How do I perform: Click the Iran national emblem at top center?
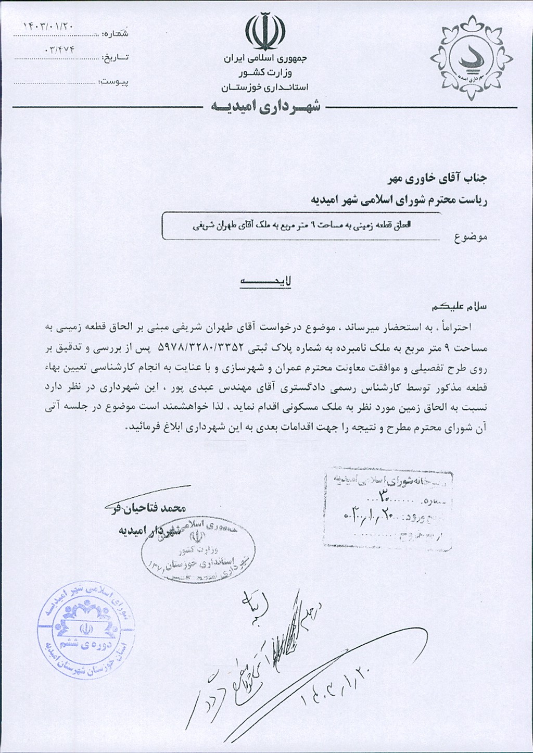click(x=265, y=32)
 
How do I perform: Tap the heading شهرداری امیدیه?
click(x=265, y=107)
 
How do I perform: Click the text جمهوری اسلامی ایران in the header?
click(x=265, y=59)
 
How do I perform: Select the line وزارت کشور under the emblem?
click(x=265, y=73)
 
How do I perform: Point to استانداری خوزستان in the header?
click(x=265, y=87)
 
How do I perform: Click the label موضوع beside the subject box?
click(x=470, y=237)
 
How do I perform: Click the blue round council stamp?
click(x=86, y=630)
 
